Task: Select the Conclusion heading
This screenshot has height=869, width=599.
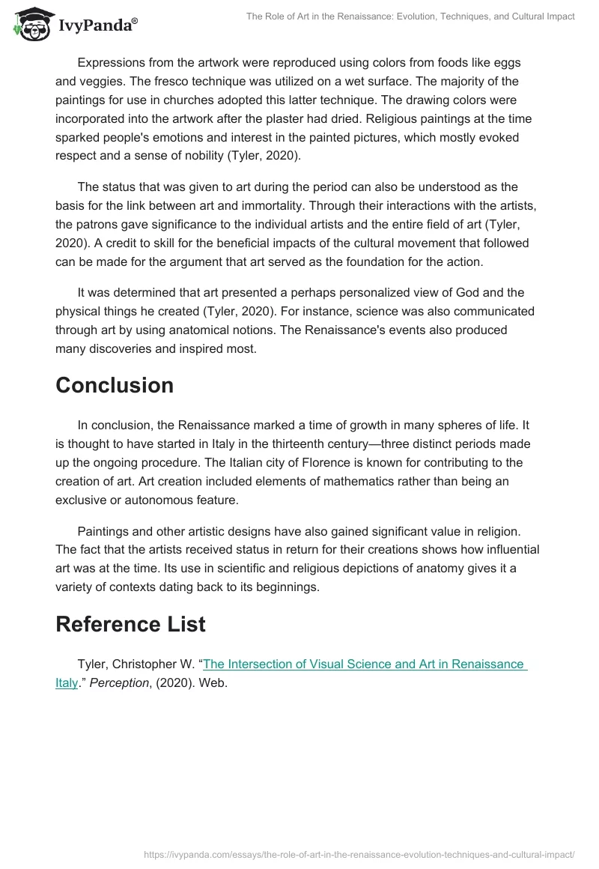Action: click(x=115, y=385)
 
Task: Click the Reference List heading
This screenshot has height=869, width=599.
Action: click(x=130, y=624)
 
